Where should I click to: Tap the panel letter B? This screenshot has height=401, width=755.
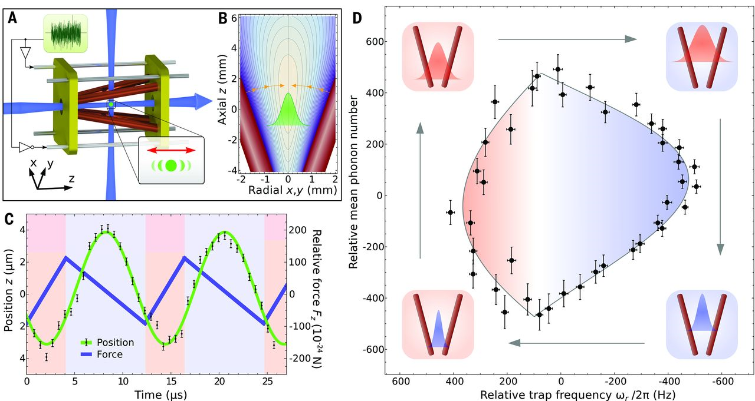(223, 18)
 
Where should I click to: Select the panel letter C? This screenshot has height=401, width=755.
(9, 218)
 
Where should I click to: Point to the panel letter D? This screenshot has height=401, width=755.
(357, 18)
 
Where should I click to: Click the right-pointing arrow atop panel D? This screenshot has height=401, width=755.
(567, 39)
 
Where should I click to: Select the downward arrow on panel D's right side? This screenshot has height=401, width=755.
(720, 186)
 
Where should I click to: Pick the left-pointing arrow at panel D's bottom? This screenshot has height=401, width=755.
(576, 342)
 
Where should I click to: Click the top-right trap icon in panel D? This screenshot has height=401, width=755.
(702, 57)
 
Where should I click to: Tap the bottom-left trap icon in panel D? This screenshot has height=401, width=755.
(438, 326)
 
